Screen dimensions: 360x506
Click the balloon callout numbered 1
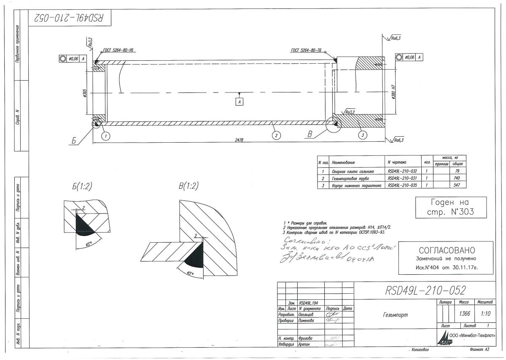105,136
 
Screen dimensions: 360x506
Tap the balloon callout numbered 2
275,136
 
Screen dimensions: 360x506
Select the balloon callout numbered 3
362,135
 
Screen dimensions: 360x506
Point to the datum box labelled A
240,102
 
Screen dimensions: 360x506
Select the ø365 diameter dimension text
85,94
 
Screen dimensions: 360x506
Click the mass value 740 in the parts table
458,179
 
